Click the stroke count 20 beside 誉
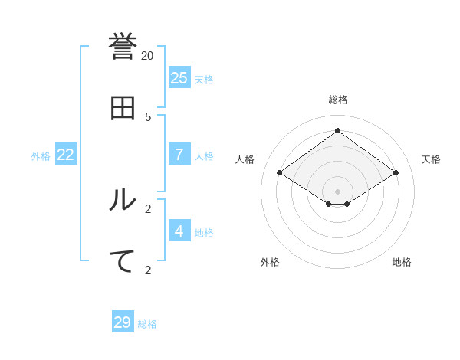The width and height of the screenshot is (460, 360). [x=147, y=55]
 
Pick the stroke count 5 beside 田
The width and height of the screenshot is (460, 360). [x=148, y=116]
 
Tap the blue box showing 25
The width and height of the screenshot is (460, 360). [x=179, y=77]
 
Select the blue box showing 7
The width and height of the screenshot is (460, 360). [x=179, y=154]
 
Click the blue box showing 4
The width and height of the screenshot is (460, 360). [x=179, y=231]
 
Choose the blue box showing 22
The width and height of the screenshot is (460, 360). [x=66, y=154]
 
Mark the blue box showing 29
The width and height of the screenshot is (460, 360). [x=123, y=322]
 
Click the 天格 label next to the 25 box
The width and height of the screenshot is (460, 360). [x=204, y=80]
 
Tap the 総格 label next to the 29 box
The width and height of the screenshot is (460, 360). [x=147, y=325]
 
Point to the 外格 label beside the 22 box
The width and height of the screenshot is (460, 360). [x=41, y=156]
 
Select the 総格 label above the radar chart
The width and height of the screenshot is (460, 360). [x=338, y=100]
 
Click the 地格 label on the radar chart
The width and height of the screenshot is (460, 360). [x=402, y=262]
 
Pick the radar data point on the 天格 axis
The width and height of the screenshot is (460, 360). [x=396, y=173]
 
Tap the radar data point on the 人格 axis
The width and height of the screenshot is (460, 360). [x=280, y=173]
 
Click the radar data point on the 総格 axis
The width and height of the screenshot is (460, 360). [x=337, y=130]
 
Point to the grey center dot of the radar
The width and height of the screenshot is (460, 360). [x=337, y=191]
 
